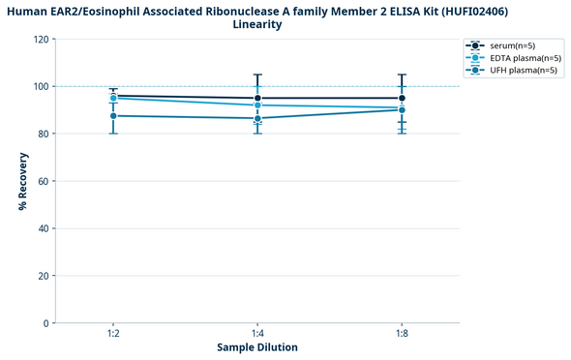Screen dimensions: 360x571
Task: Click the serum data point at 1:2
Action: point(113,96)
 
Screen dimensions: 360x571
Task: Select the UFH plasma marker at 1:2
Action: point(113,116)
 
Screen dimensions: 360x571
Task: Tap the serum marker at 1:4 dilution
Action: point(257,98)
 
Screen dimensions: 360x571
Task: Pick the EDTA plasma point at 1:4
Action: point(257,105)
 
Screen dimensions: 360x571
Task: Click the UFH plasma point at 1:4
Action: point(257,118)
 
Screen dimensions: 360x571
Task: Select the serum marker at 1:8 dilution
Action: point(402,98)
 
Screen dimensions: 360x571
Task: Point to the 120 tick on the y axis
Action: point(41,40)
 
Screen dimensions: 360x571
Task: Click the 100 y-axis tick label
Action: point(41,87)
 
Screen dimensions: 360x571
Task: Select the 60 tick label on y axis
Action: point(44,181)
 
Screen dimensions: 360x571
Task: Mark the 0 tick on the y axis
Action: point(46,323)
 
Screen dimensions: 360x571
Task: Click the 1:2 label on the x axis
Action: point(113,332)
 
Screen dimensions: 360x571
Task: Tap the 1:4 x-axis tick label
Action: point(257,332)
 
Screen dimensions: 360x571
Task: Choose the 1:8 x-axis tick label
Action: point(402,332)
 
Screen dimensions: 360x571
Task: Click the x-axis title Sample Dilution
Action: point(257,346)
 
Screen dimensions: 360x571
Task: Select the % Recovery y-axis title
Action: point(22,181)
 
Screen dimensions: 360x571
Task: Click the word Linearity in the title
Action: point(257,24)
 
